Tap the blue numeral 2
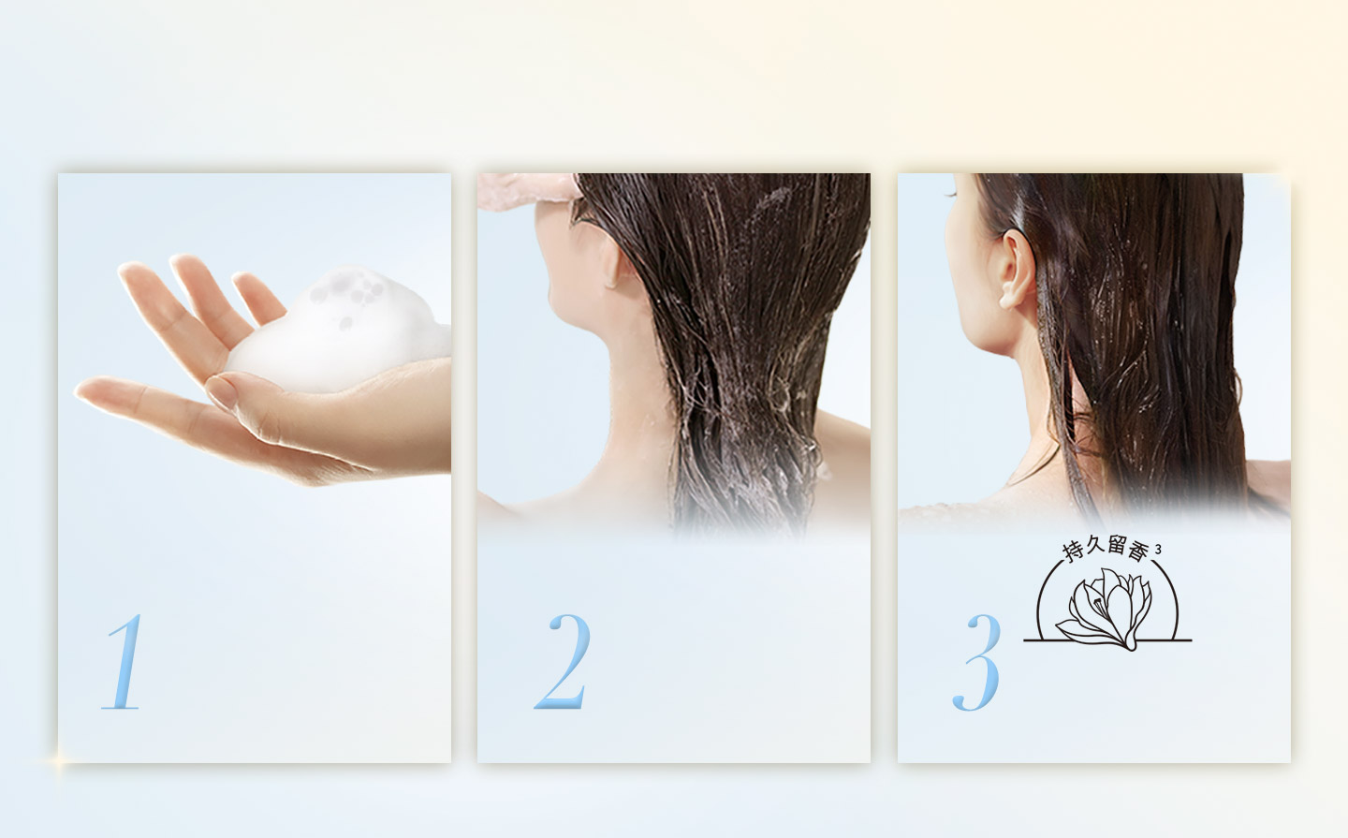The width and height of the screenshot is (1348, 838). point(563,661)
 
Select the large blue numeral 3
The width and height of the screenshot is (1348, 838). point(976,662)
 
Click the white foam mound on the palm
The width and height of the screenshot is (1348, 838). point(337,331)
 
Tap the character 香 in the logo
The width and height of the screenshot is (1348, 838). point(1137,552)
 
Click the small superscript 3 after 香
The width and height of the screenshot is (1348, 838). point(1159,549)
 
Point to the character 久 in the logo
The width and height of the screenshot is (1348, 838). point(1095,547)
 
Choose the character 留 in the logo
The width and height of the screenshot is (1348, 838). point(1116,547)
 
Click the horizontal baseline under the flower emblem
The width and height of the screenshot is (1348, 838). point(1107,640)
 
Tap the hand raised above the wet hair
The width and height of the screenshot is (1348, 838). point(530,190)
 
